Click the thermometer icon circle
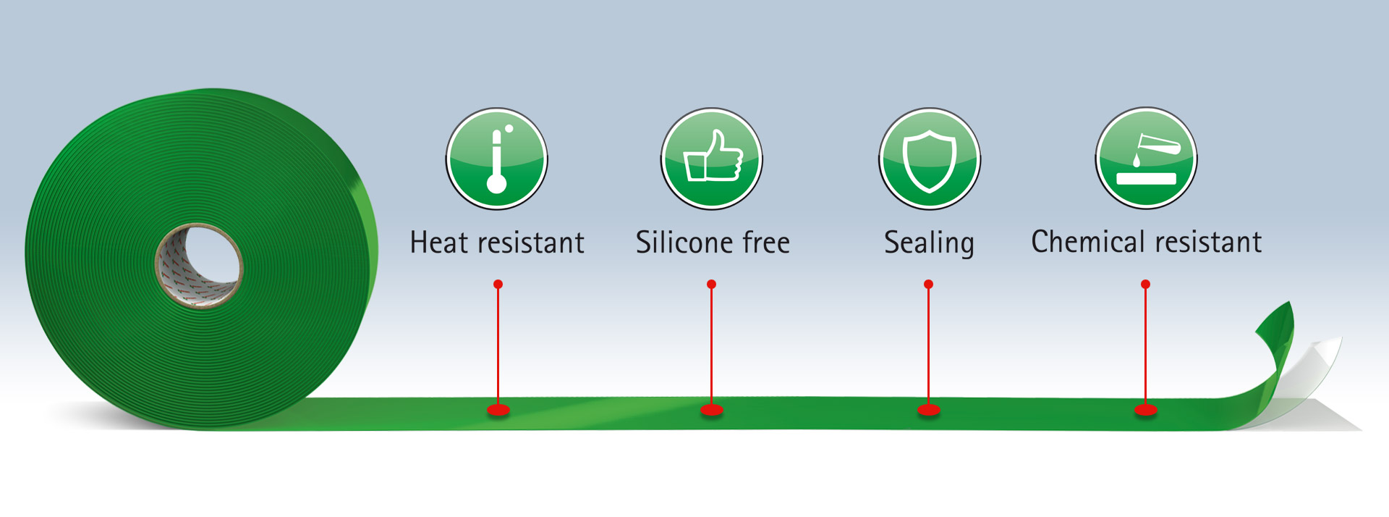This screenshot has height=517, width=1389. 496,159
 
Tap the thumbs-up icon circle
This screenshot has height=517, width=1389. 712,159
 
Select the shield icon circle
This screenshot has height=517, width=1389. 930,159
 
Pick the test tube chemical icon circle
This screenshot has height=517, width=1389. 1147,159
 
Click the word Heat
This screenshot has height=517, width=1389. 439,243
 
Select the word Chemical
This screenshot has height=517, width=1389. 1092,242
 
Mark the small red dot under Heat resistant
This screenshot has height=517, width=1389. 498,285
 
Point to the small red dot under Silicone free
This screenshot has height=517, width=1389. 712,285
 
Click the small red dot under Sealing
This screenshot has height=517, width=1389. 929,285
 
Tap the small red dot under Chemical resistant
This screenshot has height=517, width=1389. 1145,285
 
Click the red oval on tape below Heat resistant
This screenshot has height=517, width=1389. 498,411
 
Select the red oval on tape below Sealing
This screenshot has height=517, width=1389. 929,411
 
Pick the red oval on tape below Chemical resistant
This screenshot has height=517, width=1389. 1145,411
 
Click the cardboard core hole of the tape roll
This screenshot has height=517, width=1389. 200,266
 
